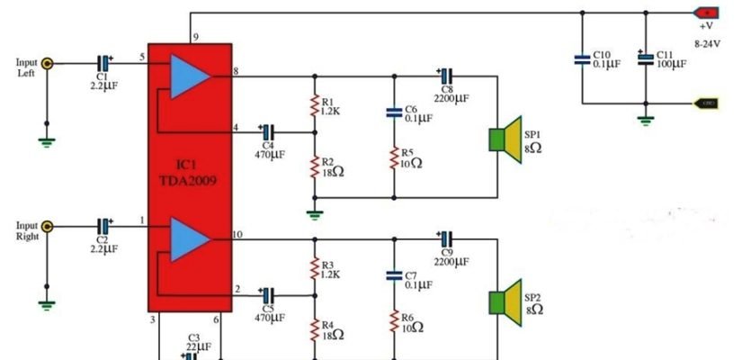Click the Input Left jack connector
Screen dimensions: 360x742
[x=47, y=63]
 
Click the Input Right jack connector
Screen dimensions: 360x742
[x=47, y=226]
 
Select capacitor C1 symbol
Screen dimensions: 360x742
[x=104, y=63]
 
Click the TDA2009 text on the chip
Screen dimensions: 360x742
[x=191, y=178]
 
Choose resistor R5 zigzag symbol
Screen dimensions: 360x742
[x=394, y=159]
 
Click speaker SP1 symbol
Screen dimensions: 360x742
[x=505, y=140]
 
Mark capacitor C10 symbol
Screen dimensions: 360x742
[x=583, y=59]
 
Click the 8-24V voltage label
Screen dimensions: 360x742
[x=707, y=41]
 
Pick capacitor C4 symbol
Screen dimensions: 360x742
[x=267, y=130]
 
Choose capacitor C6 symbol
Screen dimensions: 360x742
[x=394, y=112]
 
